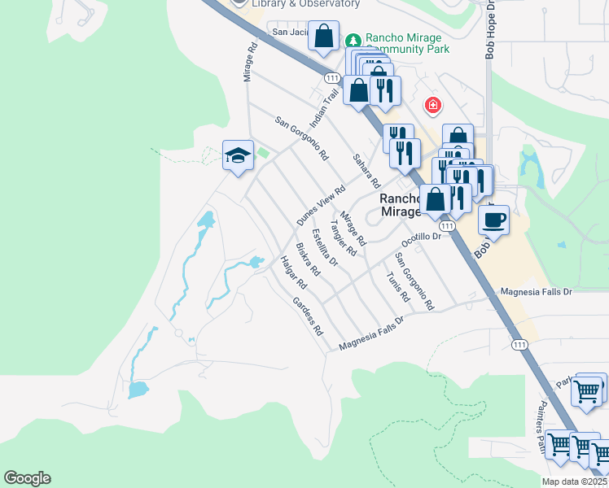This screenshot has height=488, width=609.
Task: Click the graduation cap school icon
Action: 237,155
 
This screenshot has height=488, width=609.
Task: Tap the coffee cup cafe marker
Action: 493,218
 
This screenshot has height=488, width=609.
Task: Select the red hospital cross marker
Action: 432,106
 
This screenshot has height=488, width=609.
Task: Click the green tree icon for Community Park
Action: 353,40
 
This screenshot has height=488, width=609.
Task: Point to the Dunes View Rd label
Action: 316,204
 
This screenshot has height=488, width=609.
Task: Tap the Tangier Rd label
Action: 343,237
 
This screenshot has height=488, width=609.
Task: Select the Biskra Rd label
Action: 308,259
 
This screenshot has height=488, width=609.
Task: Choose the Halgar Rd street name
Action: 292,272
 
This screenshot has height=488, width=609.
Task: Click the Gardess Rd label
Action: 308,316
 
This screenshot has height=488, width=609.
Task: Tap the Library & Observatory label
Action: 305,4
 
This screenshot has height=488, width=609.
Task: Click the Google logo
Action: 27,478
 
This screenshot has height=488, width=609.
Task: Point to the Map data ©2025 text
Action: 575,481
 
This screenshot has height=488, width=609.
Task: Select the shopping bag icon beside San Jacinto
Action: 323,37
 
